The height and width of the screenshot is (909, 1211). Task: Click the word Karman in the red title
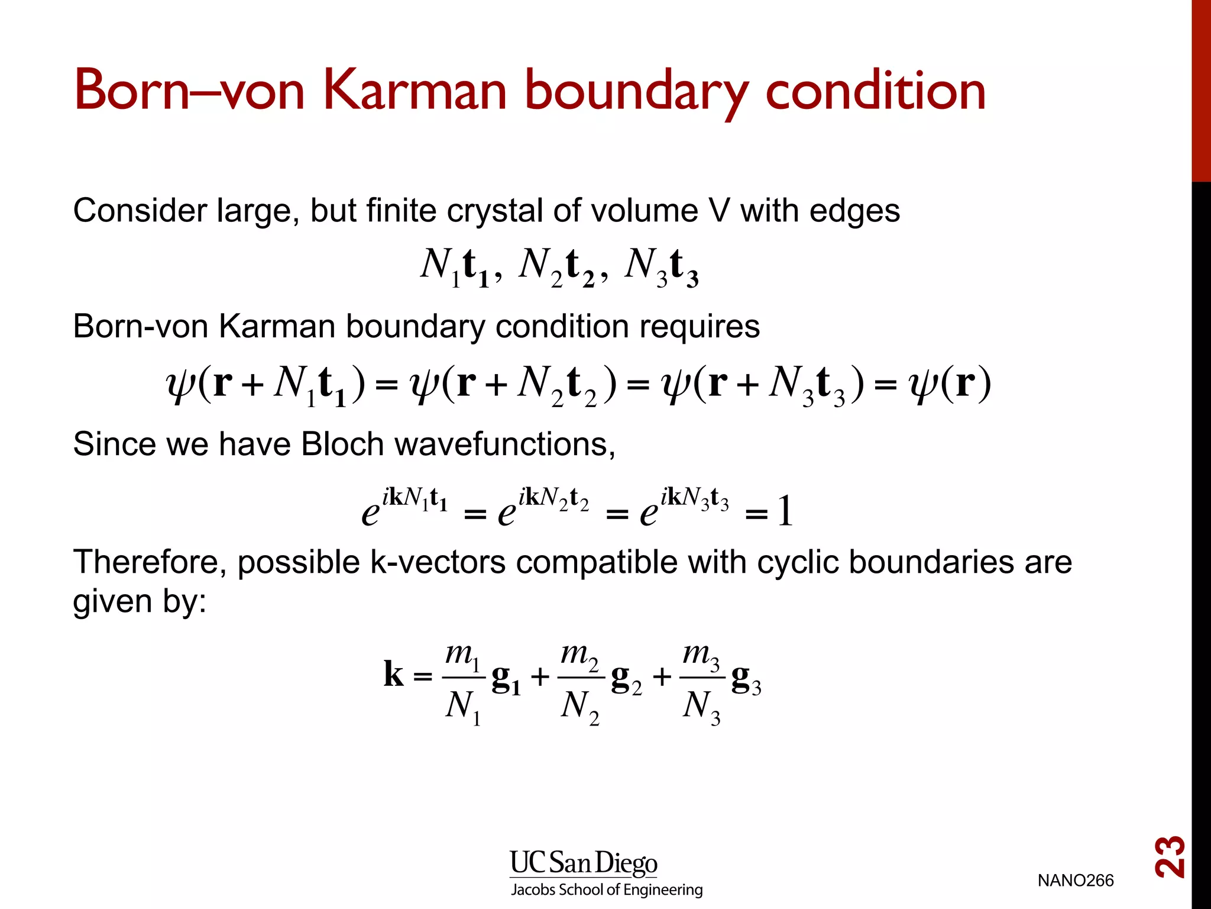[x=416, y=90]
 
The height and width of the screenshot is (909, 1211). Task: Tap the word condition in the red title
[x=875, y=90]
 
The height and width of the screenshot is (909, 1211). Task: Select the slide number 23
[x=1170, y=856]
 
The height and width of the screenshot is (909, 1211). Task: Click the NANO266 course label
[x=1075, y=881]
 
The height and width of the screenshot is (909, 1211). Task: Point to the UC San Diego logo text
[x=583, y=863]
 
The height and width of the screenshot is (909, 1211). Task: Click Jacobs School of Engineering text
[x=607, y=890]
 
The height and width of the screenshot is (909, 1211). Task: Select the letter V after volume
[x=718, y=211]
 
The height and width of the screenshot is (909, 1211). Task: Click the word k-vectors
[x=438, y=562]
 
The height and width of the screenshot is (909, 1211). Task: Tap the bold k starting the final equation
[x=393, y=674]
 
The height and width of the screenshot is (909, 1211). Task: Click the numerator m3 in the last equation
[x=701, y=656]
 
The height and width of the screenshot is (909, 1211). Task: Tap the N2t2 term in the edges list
[x=556, y=266]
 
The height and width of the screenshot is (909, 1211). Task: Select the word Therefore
[x=150, y=562]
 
